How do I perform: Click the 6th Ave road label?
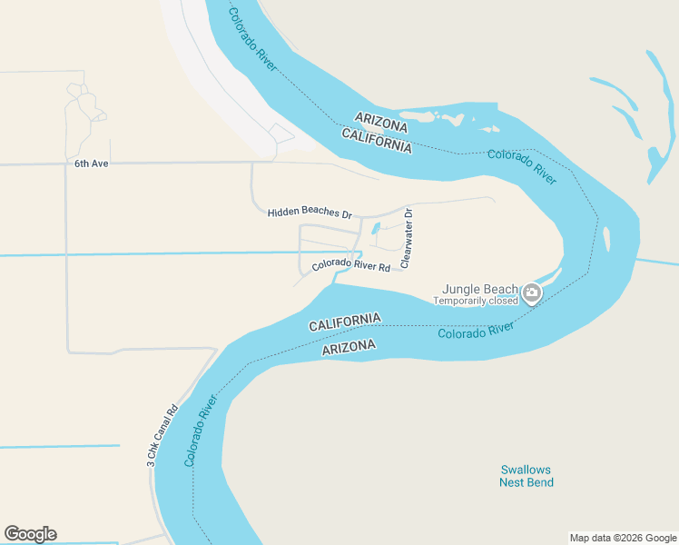[x=92, y=163]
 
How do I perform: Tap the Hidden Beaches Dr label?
[x=310, y=213]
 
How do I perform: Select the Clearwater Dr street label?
[x=407, y=238]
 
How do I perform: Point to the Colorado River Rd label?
[x=350, y=267]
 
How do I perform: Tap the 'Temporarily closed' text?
[x=475, y=301]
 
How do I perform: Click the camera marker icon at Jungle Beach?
[x=532, y=293]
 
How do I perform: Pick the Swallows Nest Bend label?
[x=526, y=476]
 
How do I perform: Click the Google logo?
[x=30, y=534]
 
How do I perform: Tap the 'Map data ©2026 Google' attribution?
[x=623, y=538]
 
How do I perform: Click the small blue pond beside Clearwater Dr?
[x=376, y=229]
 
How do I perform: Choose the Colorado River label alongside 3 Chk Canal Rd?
[x=202, y=431]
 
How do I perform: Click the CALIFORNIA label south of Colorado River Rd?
[x=344, y=322]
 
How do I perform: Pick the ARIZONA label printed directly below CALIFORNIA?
[x=349, y=347]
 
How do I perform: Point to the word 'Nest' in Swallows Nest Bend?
[x=514, y=482]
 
